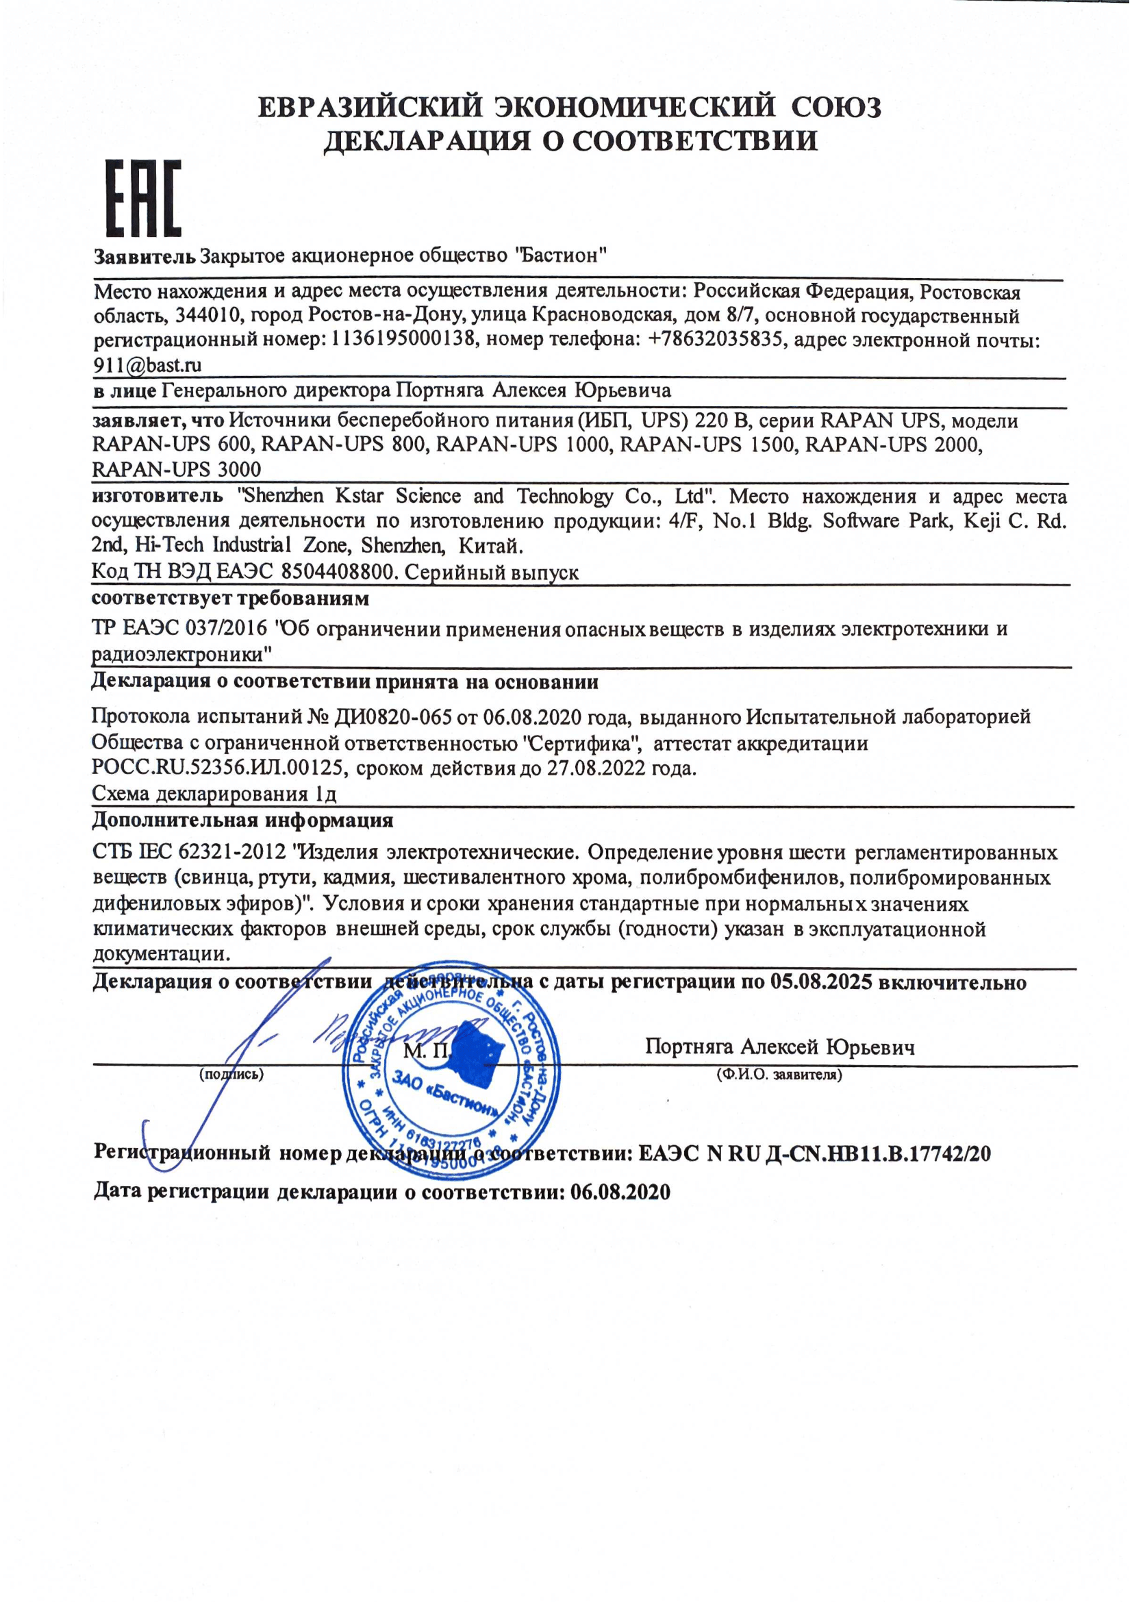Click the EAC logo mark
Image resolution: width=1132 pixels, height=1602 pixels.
click(144, 197)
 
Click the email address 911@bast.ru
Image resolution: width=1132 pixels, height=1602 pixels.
click(147, 365)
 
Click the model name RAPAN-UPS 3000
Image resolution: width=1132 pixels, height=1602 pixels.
click(177, 470)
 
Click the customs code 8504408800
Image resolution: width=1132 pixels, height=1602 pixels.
click(338, 573)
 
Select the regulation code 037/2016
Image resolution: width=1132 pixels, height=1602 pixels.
click(226, 629)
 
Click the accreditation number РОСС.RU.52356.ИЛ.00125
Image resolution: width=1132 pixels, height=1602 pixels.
click(218, 768)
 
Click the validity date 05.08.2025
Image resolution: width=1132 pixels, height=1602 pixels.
click(821, 982)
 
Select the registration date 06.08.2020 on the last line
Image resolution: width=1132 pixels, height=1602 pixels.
click(620, 1192)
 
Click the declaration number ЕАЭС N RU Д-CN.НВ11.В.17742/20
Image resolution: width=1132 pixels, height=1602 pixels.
click(814, 1153)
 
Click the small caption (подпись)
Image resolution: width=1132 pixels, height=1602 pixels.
click(231, 1075)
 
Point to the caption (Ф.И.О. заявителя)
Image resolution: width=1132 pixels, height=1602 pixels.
click(779, 1075)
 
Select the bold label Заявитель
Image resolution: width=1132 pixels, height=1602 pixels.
click(144, 256)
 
